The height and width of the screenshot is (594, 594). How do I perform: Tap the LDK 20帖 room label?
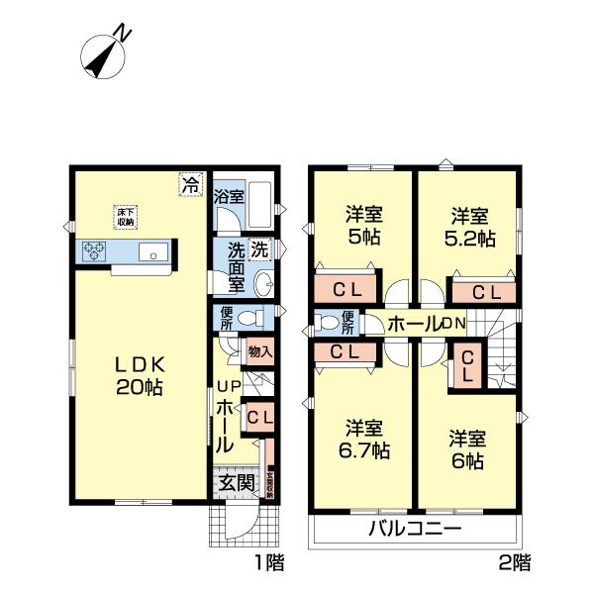[x=138, y=373]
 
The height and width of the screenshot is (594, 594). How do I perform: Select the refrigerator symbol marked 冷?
[x=190, y=183]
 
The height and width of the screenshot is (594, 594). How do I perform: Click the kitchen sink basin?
[x=155, y=252]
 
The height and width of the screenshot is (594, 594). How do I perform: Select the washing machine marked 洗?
[x=258, y=250]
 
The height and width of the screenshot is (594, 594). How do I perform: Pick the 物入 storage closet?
[x=259, y=351]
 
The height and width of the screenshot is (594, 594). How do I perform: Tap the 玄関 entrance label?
[x=235, y=483]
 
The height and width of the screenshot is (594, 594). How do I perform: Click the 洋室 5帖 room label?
[x=363, y=226]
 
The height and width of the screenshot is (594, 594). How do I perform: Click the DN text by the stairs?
[x=453, y=323]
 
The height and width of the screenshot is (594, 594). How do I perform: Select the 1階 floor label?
[x=268, y=564]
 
